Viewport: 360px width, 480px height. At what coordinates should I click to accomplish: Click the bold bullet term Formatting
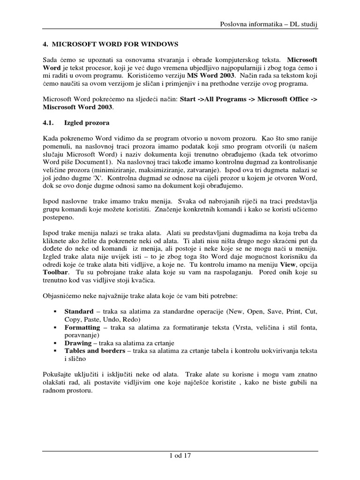(x=82, y=328)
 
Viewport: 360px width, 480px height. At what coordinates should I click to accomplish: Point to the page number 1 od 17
(x=180, y=455)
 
